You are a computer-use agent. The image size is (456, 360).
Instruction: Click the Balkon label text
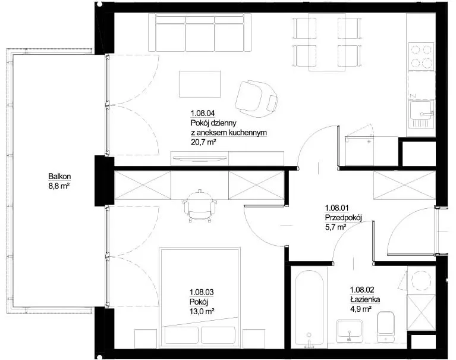pyautogui.click(x=59, y=176)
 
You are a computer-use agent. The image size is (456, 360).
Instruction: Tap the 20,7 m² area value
pyautogui.click(x=203, y=142)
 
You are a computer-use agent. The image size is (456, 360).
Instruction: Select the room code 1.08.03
pyautogui.click(x=202, y=292)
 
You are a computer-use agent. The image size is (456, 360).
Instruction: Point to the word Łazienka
pyautogui.click(x=365, y=299)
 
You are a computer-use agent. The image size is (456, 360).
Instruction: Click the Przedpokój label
pyautogui.click(x=343, y=218)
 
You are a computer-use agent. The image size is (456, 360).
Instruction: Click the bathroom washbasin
pyautogui.click(x=349, y=331)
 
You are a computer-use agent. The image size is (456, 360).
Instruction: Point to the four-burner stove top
pyautogui.click(x=422, y=57)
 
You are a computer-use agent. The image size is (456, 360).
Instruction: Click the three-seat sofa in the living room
pyautogui.click(x=200, y=33)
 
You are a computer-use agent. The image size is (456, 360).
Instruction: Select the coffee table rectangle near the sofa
pyautogui.click(x=200, y=84)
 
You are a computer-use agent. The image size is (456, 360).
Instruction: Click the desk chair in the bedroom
pyautogui.click(x=200, y=206)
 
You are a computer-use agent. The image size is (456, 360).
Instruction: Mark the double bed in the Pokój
pyautogui.click(x=200, y=298)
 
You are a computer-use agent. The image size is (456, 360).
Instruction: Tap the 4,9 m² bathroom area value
pyautogui.click(x=360, y=309)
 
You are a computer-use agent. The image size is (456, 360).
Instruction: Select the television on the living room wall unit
pyautogui.click(x=200, y=158)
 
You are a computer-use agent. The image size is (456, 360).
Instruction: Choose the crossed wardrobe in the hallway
pyautogui.click(x=404, y=186)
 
